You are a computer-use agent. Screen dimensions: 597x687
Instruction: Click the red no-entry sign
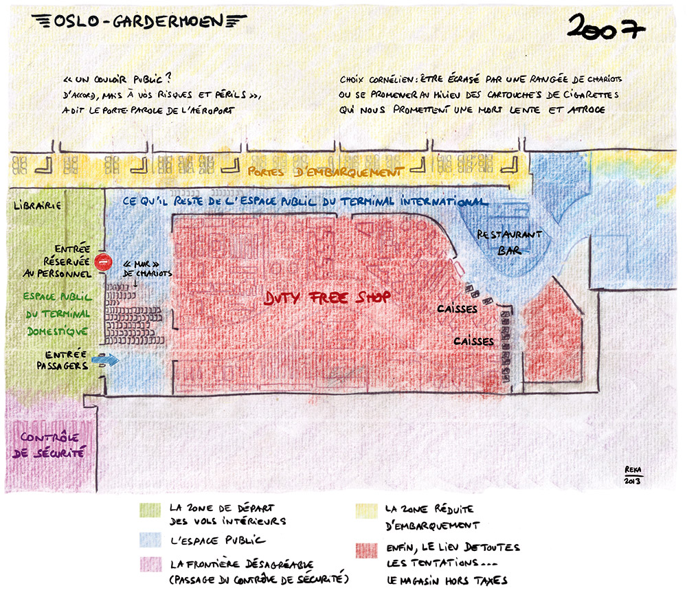tap(103, 261)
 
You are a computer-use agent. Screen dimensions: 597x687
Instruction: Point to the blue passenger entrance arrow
tap(109, 359)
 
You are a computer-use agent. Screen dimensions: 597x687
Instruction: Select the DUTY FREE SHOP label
tap(328, 297)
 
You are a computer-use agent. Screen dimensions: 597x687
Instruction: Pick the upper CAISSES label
tap(457, 310)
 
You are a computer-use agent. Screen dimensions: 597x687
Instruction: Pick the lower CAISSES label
tap(473, 341)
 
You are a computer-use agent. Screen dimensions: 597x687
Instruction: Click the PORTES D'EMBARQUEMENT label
tap(324, 172)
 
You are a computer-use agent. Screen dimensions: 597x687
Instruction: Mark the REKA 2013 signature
tap(632, 475)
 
